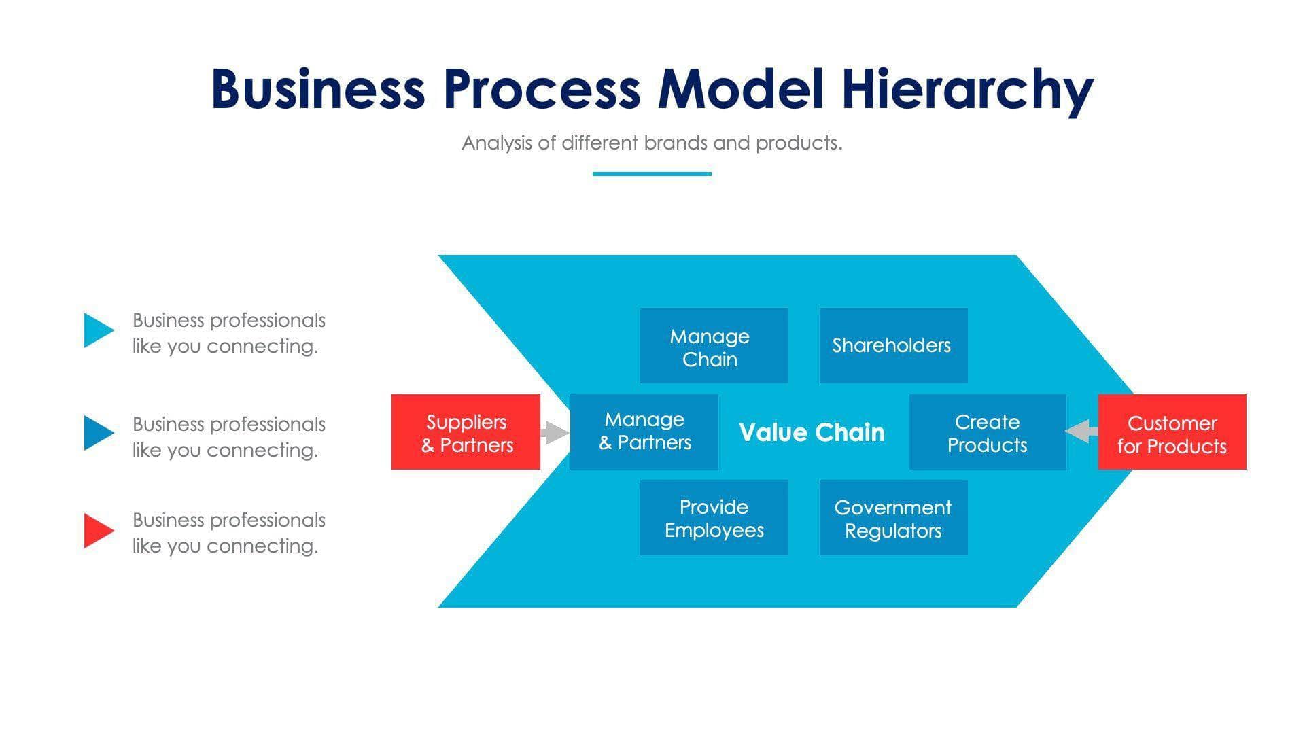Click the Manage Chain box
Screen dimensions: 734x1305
pyautogui.click(x=714, y=345)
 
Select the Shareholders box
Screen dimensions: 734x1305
pyautogui.click(x=893, y=345)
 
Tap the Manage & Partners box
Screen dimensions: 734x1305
pyautogui.click(x=644, y=432)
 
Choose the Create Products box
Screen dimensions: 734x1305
pyautogui.click(x=987, y=432)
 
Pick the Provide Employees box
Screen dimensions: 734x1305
pyautogui.click(x=714, y=518)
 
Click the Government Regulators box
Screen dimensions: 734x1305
pyautogui.click(x=893, y=518)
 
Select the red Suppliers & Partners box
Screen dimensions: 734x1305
pyautogui.click(x=466, y=432)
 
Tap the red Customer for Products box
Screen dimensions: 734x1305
pyautogui.click(x=1172, y=432)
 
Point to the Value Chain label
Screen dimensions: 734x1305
pyautogui.click(x=812, y=432)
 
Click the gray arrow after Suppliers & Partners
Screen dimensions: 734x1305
pyautogui.click(x=555, y=432)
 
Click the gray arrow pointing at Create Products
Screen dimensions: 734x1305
pyautogui.click(x=1081, y=431)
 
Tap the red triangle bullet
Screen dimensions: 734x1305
pyautogui.click(x=97, y=531)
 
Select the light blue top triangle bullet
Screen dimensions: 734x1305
pyautogui.click(x=97, y=330)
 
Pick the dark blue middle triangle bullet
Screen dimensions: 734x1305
pyautogui.click(x=97, y=433)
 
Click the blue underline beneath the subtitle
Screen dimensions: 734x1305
pyautogui.click(x=652, y=174)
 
